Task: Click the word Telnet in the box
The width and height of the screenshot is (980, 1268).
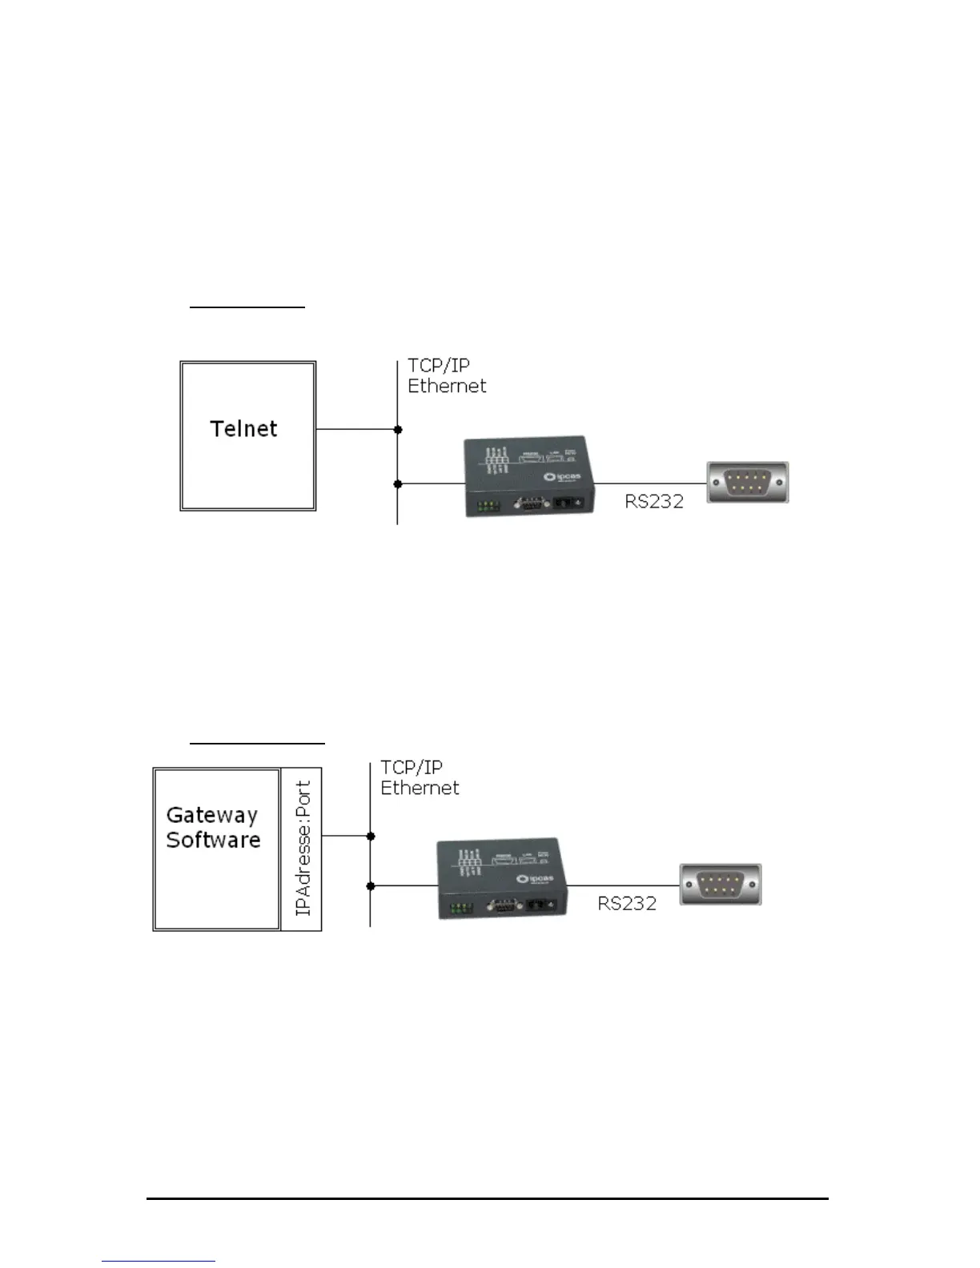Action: [x=243, y=429]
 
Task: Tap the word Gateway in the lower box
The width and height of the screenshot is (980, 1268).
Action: [x=211, y=815]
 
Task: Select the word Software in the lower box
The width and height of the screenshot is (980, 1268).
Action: [x=213, y=840]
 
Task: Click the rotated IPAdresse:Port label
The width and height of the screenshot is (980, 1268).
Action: [x=303, y=849]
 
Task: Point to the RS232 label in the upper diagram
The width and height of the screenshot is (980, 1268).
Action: [x=654, y=502]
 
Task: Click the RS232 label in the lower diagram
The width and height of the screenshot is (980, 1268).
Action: [x=627, y=904]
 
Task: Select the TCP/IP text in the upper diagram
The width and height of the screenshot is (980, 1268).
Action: [x=438, y=366]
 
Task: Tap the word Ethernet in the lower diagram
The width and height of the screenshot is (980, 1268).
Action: [x=420, y=788]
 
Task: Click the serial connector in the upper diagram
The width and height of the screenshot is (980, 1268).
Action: [x=748, y=483]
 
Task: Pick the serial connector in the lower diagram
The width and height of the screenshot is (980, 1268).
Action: [x=721, y=885]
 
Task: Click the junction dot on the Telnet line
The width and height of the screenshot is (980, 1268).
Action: [x=398, y=430]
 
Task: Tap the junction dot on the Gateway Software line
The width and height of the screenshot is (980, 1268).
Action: [x=371, y=837]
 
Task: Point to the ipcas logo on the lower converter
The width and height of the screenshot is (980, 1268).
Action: [x=537, y=881]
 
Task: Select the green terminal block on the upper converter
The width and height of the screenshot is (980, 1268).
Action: [x=486, y=507]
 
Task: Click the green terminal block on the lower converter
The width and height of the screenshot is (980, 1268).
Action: [x=460, y=909]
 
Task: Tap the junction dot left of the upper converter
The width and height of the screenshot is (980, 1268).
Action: [x=398, y=484]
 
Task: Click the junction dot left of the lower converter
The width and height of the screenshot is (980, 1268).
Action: [x=371, y=886]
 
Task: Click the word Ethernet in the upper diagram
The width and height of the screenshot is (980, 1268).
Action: [x=447, y=386]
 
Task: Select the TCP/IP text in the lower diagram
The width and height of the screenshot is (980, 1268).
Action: [x=411, y=768]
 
